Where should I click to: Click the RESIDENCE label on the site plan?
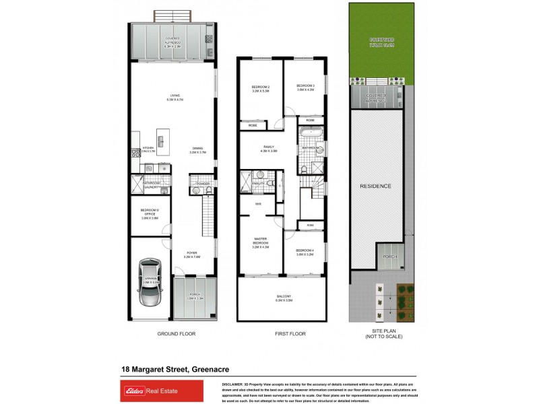(375, 186)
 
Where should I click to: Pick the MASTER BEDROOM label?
(260, 241)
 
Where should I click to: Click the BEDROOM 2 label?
(260, 88)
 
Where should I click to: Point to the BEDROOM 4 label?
(305, 252)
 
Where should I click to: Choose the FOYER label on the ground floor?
(192, 255)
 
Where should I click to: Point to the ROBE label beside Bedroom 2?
(253, 125)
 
